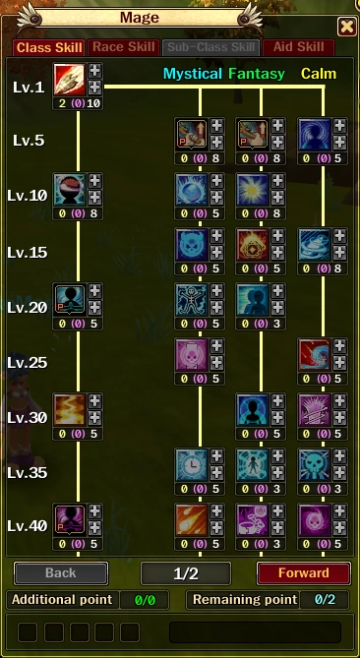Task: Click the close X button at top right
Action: tap(346, 27)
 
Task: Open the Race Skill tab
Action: tap(124, 47)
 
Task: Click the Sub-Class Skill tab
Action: tap(211, 47)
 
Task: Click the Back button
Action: tap(60, 572)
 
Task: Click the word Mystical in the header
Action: tap(193, 74)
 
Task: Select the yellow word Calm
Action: tap(319, 74)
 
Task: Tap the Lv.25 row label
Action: tap(27, 362)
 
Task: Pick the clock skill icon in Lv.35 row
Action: tap(191, 464)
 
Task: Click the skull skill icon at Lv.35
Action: tap(313, 464)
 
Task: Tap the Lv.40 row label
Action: tap(27, 525)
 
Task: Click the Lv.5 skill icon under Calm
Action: tap(313, 134)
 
